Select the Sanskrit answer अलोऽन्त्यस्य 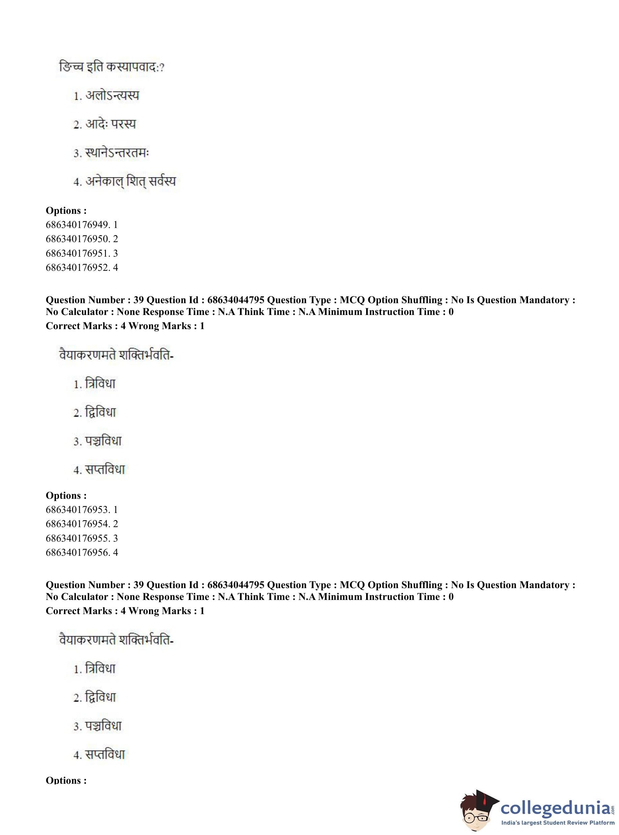pos(112,95)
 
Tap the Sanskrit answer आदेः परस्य pos(110,124)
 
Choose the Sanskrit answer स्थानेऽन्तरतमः pos(117,153)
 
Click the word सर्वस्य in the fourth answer pos(162,182)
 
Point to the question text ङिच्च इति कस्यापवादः pos(111,67)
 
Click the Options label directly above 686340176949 pos(66,211)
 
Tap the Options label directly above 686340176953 pos(66,495)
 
